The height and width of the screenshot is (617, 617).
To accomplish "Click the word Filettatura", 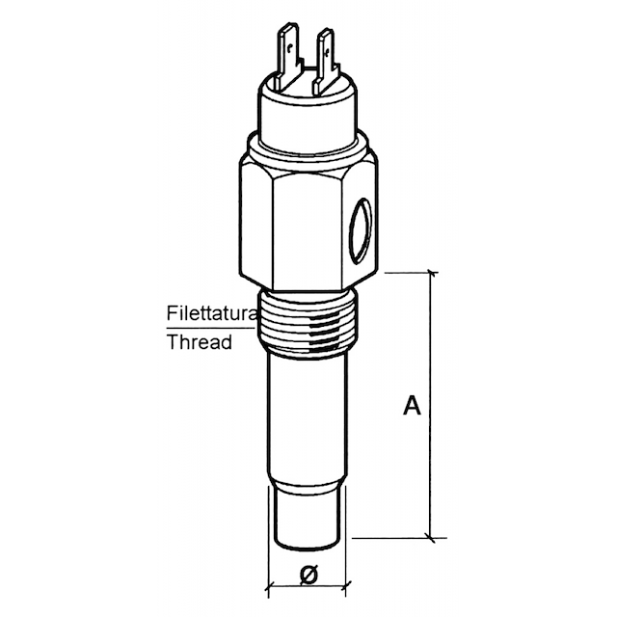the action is pyautogui.click(x=211, y=313).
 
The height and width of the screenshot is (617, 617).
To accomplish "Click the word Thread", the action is pyautogui.click(x=200, y=341).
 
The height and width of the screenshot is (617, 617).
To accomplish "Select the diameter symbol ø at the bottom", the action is pyautogui.click(x=308, y=575).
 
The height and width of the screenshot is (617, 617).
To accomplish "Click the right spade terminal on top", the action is pyautogui.click(x=325, y=61).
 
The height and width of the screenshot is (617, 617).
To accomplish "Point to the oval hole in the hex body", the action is pyautogui.click(x=361, y=230).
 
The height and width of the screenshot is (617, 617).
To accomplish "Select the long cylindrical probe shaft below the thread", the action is pyautogui.click(x=307, y=417).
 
